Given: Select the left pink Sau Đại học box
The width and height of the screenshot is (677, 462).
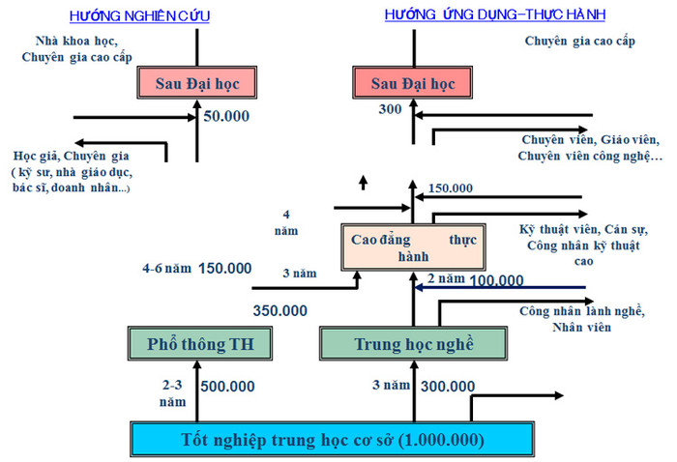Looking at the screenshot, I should coord(197,84).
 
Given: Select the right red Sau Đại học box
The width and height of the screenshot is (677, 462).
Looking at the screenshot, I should coord(413,84).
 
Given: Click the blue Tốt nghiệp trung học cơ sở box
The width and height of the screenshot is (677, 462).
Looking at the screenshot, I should coord(335,440).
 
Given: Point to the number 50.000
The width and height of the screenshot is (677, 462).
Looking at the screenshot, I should coord(227,116).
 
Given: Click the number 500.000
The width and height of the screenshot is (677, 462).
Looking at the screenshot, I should coord(227,387).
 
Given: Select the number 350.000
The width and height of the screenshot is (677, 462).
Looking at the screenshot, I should coord(280,311).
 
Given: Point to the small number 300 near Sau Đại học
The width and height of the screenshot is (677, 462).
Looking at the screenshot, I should coord(390,110).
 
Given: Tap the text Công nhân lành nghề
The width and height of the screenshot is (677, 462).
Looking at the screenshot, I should coord(581,311).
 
